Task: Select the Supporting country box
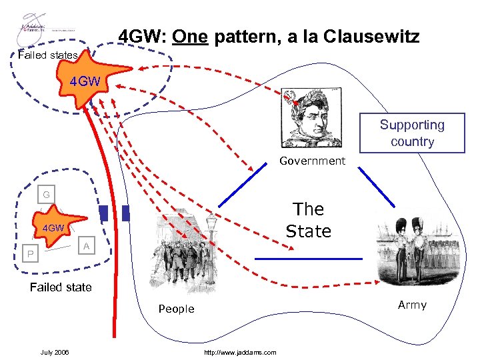click(x=412, y=133)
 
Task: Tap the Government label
click(x=312, y=161)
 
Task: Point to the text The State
click(x=308, y=220)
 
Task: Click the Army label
click(x=412, y=305)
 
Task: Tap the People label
click(x=176, y=309)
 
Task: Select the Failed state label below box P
click(x=61, y=287)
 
